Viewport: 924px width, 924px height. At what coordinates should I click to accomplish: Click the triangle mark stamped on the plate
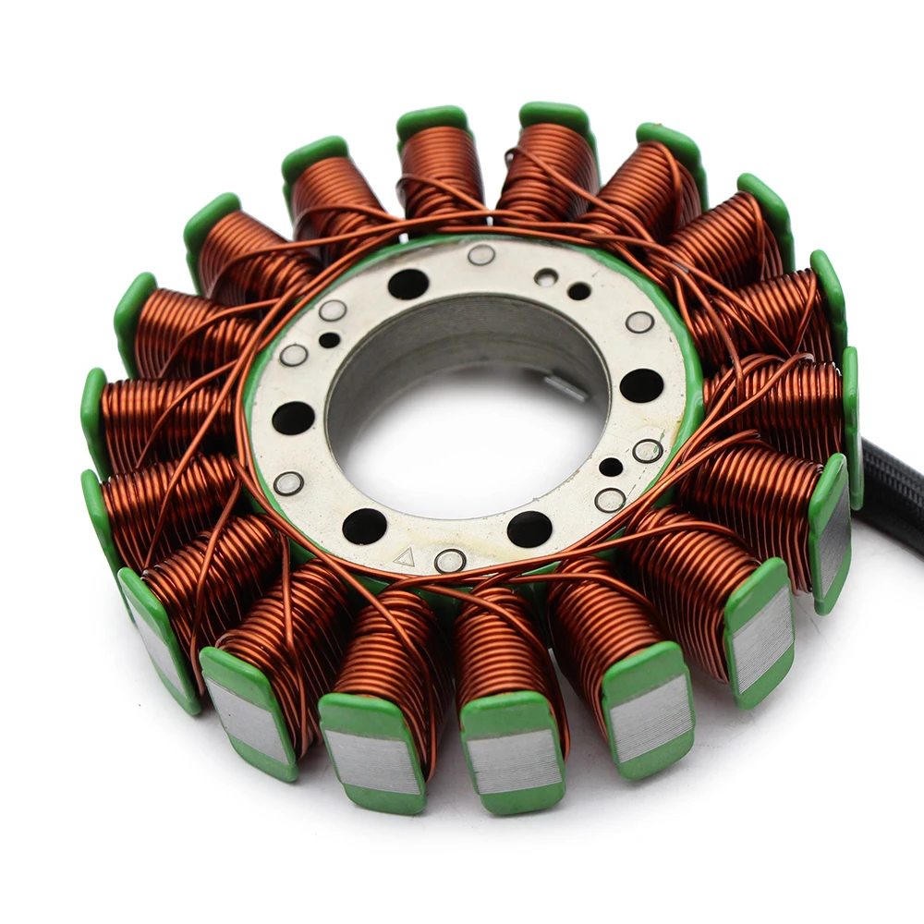(x=404, y=556)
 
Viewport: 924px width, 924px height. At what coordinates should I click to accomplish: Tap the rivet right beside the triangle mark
(x=450, y=560)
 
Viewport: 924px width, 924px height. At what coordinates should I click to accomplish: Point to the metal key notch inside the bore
(x=565, y=388)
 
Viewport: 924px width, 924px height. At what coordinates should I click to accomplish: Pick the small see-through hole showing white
(x=546, y=276)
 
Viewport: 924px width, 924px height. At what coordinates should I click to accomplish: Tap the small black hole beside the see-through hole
(x=579, y=291)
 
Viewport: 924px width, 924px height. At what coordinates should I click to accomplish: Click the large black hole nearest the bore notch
(x=641, y=385)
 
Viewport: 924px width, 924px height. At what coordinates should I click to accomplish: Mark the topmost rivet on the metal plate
(x=480, y=254)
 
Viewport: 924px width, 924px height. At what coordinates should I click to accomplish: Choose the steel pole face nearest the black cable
(x=833, y=536)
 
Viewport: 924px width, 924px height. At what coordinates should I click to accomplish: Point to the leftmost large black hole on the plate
(x=293, y=418)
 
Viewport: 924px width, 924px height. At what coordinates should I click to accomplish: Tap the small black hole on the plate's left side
(x=330, y=339)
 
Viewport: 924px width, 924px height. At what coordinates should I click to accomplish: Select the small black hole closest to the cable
(x=611, y=467)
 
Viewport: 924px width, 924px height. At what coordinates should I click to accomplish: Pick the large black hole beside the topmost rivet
(x=407, y=284)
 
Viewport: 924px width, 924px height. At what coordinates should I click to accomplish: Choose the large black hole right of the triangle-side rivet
(x=529, y=529)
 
